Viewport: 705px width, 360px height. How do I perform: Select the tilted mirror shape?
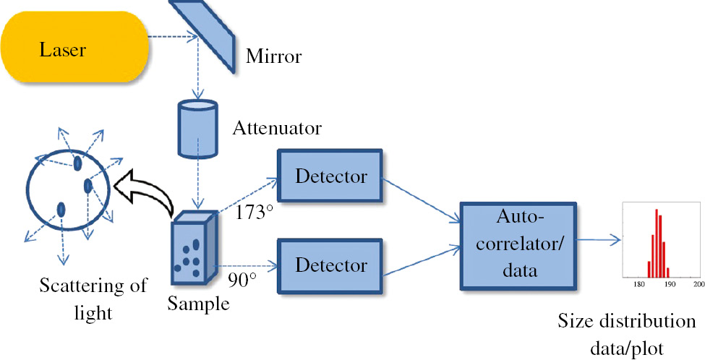click(x=205, y=33)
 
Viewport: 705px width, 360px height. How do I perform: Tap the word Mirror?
click(x=273, y=55)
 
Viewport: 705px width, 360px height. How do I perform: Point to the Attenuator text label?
click(x=277, y=129)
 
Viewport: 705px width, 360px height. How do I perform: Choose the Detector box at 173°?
click(x=330, y=176)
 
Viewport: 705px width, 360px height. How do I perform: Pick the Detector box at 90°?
click(x=330, y=265)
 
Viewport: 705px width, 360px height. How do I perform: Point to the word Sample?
click(x=198, y=304)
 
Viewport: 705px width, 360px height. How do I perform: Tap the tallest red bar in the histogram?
click(x=656, y=243)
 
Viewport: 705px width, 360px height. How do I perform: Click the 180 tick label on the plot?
click(x=639, y=286)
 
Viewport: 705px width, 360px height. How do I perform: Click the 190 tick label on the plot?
click(x=670, y=286)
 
